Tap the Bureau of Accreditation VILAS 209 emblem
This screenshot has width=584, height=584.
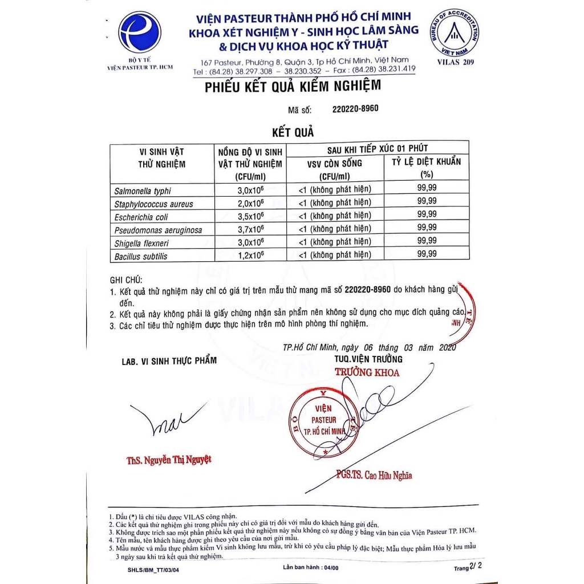point(455,33)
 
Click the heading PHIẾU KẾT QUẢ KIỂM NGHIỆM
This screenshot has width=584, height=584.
point(292,86)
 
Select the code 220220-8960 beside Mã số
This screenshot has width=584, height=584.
point(355,108)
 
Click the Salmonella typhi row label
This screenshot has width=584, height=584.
point(143,191)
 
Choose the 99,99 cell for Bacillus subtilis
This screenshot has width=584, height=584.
point(427,254)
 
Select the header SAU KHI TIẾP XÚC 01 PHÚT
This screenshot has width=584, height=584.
point(378,148)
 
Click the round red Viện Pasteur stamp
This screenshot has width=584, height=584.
point(323,420)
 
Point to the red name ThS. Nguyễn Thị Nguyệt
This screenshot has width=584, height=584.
point(165,460)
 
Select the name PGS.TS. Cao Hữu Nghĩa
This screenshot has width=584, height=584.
point(374,475)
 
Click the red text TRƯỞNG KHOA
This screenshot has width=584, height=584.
point(367,373)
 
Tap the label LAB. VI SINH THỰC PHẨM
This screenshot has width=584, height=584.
point(169,361)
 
